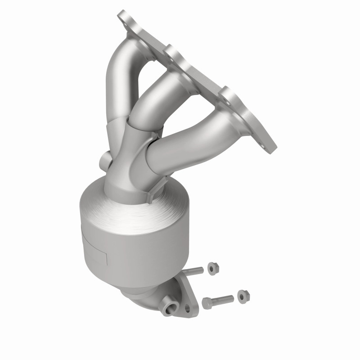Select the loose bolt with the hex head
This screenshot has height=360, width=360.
click(x=219, y=300)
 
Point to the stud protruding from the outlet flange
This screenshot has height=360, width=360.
click(x=193, y=272)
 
